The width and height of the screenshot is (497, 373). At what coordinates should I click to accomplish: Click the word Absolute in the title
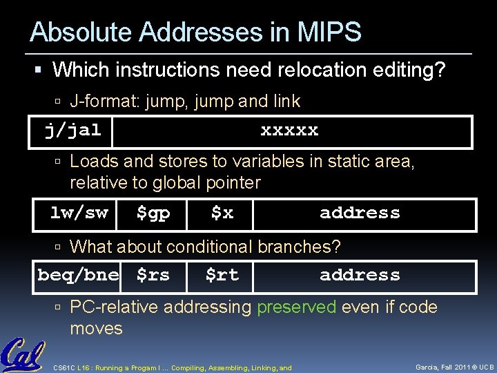73,32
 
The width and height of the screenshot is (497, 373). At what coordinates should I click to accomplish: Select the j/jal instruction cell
72,130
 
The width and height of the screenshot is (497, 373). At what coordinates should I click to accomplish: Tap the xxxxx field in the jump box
289,130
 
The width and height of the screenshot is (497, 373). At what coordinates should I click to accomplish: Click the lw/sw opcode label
79,213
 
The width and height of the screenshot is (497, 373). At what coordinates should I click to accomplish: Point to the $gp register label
153,213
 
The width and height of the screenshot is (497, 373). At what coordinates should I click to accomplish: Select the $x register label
222,213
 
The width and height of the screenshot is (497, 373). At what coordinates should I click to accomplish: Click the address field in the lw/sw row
360,213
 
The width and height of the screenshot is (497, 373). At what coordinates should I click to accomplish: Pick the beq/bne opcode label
78,275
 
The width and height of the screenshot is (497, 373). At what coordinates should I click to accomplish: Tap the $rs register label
153,275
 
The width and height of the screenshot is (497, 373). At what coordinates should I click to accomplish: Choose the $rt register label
222,275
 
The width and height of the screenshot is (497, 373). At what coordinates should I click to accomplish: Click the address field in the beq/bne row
360,275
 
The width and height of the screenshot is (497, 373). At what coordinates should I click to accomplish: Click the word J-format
104,102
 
